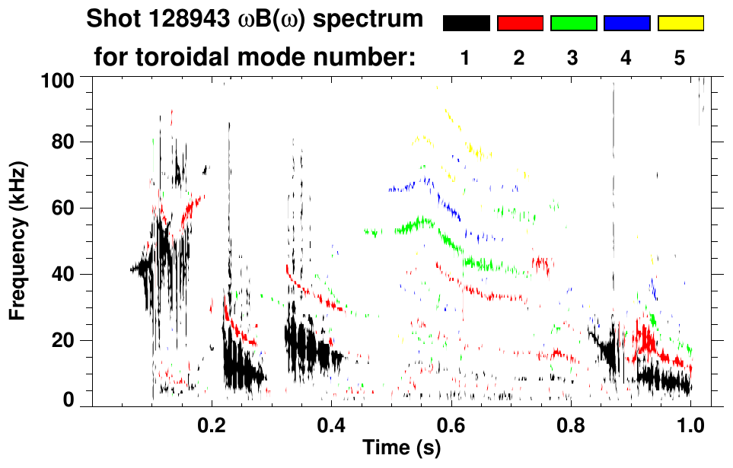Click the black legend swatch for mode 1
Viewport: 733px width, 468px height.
click(466, 24)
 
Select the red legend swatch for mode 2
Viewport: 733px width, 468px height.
click(520, 24)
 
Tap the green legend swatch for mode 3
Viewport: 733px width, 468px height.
click(573, 24)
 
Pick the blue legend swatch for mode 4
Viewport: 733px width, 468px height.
click(626, 24)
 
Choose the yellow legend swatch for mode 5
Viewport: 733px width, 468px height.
click(680, 24)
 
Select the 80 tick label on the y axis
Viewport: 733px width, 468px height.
click(63, 142)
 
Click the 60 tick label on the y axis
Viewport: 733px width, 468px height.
click(63, 209)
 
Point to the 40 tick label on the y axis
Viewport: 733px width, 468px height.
click(63, 275)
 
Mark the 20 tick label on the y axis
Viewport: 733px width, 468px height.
click(63, 341)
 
